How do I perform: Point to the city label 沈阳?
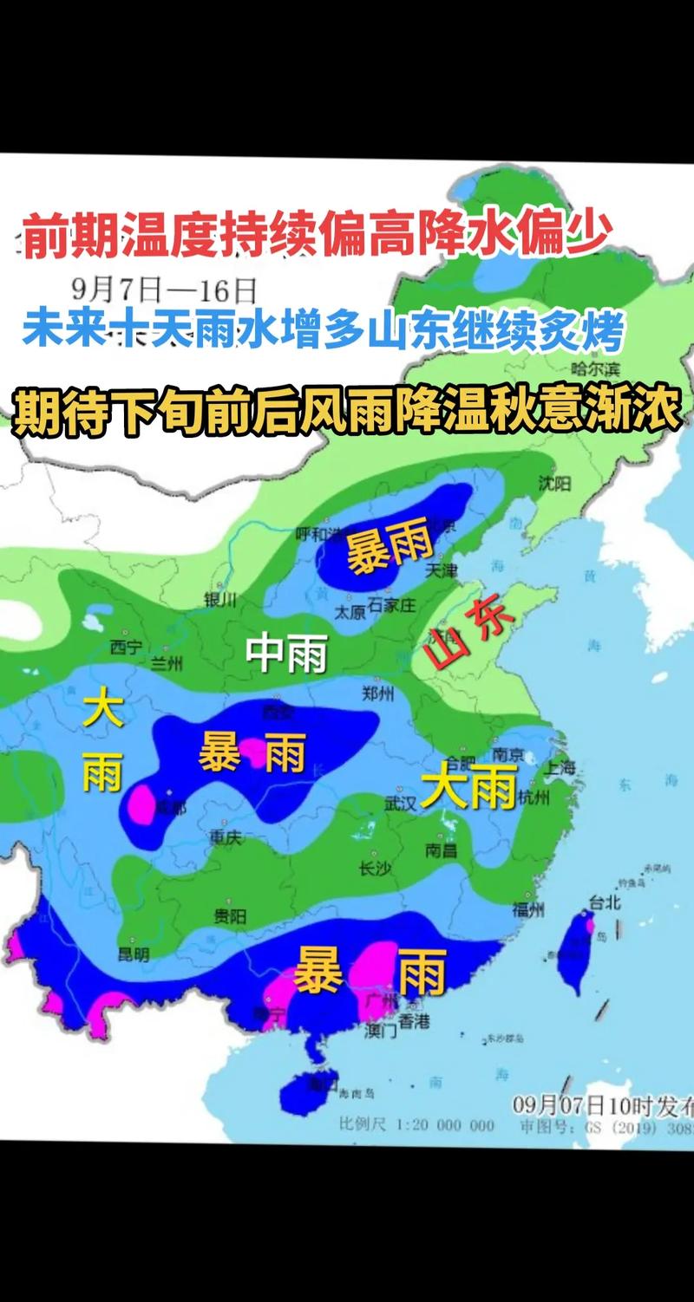553,484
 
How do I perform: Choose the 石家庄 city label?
393,604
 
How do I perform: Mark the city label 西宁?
126,646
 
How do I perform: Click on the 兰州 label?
167,664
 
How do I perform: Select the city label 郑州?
378,693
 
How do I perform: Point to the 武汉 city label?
401,803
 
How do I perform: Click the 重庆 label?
224,838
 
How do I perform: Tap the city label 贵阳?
230,915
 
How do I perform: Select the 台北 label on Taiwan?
605,902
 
